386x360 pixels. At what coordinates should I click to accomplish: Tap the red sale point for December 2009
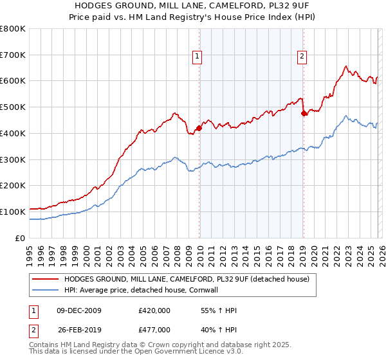199,128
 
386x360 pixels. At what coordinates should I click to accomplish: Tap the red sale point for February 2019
304,113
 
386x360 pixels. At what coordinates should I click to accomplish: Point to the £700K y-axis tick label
13,55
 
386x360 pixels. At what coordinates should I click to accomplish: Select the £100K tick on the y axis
13,212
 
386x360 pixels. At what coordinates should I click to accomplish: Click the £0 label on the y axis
21,238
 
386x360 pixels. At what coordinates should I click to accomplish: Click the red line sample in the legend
45,279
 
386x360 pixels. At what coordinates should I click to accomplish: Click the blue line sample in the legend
45,290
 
